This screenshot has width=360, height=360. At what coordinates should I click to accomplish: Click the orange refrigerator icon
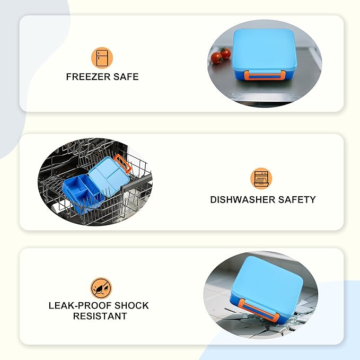coord(102,58)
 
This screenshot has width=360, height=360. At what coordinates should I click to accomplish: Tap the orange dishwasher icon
coord(261,179)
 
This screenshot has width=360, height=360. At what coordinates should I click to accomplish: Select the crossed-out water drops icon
coord(101,288)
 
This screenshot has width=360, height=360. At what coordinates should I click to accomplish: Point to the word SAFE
coord(126,77)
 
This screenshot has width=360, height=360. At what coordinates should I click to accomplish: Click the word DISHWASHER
coord(242,200)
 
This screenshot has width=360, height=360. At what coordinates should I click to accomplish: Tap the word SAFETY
coord(297,200)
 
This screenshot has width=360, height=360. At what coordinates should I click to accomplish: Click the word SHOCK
coord(132,305)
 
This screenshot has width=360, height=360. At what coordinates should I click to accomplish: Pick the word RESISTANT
coord(100,316)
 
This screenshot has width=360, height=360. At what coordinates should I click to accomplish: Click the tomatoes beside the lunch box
coord(221,55)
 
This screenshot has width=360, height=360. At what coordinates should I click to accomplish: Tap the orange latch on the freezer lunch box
coord(265,75)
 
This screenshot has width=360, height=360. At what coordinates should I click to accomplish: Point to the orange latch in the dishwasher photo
coord(122,163)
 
